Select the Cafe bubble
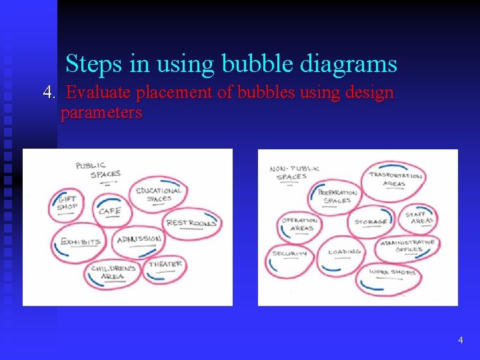click(111, 210)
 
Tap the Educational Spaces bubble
click(158, 194)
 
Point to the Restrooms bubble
click(191, 224)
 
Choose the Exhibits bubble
click(81, 243)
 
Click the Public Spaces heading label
click(97, 170)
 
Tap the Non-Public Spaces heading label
click(294, 173)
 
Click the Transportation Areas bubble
click(395, 179)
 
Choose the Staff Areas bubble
click(420, 218)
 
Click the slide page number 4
click(460, 340)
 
